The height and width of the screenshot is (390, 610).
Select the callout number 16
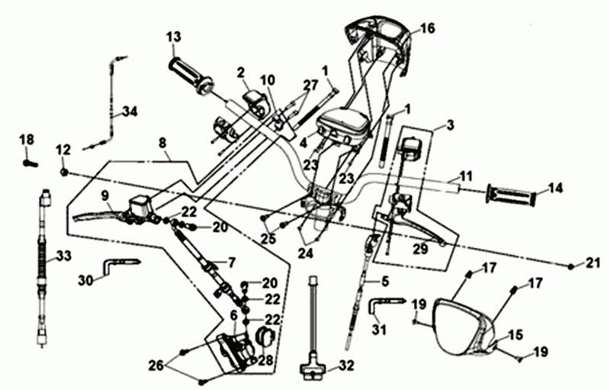coord(427,28)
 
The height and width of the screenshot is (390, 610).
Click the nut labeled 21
coord(571,265)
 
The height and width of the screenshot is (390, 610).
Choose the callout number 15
coord(516,334)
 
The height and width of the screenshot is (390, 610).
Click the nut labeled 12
coord(65,172)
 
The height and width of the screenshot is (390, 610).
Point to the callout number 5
coord(385,281)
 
